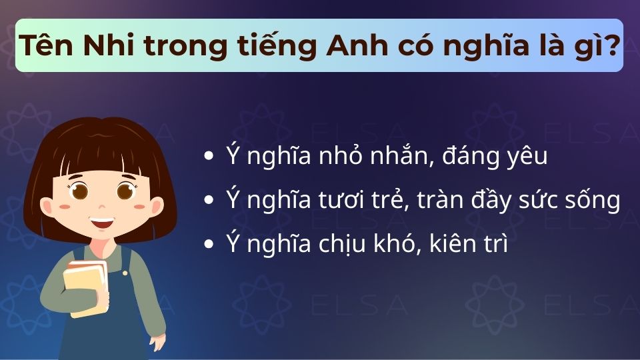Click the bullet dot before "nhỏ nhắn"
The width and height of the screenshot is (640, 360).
click(209, 157)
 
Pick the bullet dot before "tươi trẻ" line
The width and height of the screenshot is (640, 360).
click(209, 201)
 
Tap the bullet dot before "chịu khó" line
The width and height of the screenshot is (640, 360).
click(209, 245)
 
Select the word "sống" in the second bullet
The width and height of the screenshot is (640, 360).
click(595, 201)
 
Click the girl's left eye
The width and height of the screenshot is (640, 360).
click(80, 191)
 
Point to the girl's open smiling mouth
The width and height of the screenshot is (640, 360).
click(102, 221)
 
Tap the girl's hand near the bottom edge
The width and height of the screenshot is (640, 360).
click(157, 341)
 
